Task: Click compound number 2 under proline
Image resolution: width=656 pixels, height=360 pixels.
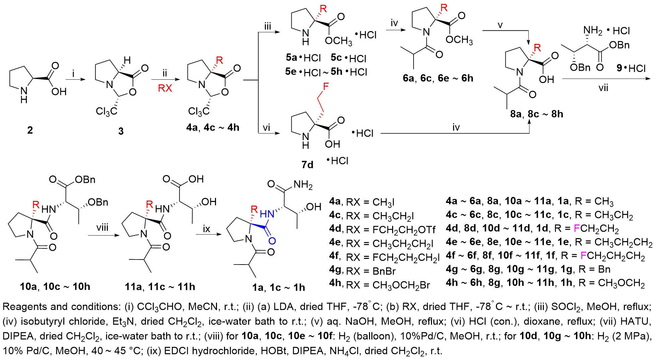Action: tap(30, 130)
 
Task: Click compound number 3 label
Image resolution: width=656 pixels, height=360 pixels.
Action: tap(121, 131)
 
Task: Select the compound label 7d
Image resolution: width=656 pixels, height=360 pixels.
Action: tap(307, 164)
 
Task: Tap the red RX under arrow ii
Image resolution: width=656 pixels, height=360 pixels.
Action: tap(165, 88)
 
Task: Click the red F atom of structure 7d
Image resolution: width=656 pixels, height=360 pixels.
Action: tap(325, 87)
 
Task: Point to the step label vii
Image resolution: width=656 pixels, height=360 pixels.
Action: tap(603, 88)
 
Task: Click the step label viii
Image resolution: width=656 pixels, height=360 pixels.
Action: tap(102, 228)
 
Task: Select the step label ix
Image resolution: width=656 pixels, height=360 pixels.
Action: tap(207, 229)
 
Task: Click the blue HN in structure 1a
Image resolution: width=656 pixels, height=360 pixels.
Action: tap(267, 214)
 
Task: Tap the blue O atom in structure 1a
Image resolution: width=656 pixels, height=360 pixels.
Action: tap(272, 241)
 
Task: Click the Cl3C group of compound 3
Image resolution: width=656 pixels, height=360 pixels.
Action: tap(106, 111)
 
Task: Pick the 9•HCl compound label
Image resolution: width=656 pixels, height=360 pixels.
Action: tap(631, 68)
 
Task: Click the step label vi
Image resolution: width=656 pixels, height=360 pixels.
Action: tap(267, 128)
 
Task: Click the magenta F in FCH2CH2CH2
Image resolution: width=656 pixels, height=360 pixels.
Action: tap(583, 256)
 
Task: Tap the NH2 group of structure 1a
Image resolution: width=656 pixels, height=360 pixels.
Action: tap(303, 185)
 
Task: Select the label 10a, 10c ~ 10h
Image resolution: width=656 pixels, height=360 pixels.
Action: tap(55, 287)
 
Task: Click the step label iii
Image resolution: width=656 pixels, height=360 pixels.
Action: tap(268, 26)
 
